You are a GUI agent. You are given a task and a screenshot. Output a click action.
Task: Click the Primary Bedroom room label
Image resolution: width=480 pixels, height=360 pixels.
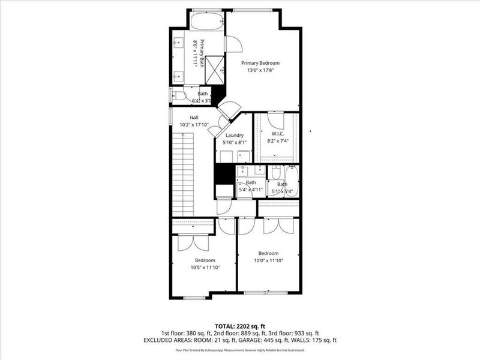[260, 63]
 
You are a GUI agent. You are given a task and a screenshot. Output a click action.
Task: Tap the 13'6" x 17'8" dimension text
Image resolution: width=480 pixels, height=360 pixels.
[260, 70]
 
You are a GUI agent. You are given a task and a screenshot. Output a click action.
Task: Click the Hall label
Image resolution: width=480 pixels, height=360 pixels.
[194, 118]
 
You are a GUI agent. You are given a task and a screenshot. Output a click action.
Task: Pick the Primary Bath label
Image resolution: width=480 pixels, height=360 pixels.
[202, 53]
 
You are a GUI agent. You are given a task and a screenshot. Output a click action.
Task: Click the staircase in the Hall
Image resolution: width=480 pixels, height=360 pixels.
[182, 174]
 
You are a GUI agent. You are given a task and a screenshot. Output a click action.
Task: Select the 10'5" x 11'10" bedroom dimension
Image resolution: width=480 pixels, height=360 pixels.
[205, 267]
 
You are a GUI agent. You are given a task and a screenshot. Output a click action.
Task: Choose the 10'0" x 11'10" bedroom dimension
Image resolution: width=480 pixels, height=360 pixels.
[268, 260]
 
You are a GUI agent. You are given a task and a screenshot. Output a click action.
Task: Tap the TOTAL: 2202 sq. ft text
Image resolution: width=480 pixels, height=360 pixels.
[239, 325]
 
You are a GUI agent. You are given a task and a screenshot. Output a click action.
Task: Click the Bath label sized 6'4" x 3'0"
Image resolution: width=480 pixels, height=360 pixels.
[203, 94]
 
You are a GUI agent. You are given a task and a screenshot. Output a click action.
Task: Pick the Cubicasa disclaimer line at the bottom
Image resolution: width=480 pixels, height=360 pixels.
[239, 349]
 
